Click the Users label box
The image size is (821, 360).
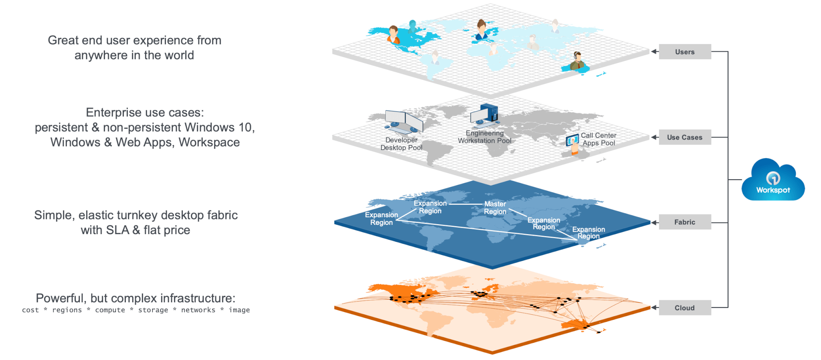pos(685,52)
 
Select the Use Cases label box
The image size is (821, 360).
pos(685,137)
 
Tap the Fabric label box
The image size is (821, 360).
pos(685,222)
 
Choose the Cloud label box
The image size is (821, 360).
pos(685,308)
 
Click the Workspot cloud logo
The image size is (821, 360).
pos(773,181)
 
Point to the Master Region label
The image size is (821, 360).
pos(495,208)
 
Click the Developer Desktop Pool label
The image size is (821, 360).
pos(401,144)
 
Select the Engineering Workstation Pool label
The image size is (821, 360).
pos(485,137)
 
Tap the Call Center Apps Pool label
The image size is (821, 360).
pos(599,139)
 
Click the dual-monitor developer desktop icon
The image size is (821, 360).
pos(404,122)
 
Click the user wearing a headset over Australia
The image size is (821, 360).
pos(577,61)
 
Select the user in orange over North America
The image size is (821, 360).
pos(393,35)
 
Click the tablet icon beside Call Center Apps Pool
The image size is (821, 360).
pos(572,140)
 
